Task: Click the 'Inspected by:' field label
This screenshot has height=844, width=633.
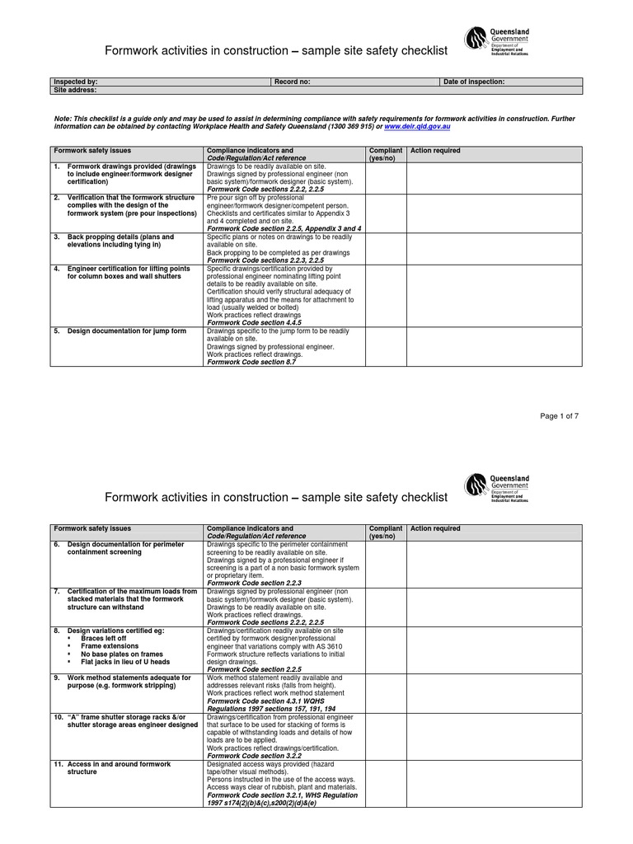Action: point(76,82)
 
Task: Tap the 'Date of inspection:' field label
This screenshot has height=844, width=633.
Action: point(474,82)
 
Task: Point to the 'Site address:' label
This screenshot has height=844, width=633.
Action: point(75,90)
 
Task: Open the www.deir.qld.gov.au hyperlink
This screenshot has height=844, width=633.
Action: point(417,128)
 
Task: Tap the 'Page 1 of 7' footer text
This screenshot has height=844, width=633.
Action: point(559,416)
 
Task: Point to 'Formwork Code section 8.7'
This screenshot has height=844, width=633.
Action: point(251,362)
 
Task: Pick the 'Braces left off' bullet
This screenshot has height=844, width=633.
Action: point(103,638)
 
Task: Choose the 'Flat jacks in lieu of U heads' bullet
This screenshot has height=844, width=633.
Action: point(125,662)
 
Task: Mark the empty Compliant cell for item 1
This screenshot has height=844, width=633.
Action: point(385,176)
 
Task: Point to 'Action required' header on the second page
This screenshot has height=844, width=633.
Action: point(435,528)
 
